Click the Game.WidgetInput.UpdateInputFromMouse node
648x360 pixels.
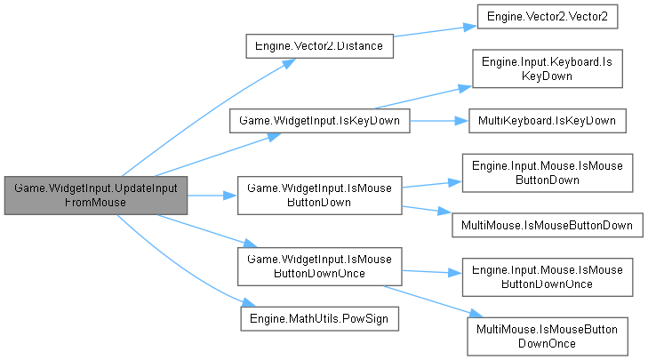coord(95,195)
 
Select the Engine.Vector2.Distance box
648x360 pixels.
coord(319,46)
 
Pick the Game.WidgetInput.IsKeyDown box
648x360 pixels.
coord(319,119)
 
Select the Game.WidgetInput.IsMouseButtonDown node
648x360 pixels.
coord(319,195)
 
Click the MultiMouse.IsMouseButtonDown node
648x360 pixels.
coord(547,225)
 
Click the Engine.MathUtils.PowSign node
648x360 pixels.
coord(319,317)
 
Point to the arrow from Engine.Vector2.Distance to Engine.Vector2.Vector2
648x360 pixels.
coord(431,32)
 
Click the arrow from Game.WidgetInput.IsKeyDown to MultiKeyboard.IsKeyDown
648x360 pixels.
coord(436,119)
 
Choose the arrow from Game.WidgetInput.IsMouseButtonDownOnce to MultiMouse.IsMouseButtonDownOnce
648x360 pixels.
coord(427,297)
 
